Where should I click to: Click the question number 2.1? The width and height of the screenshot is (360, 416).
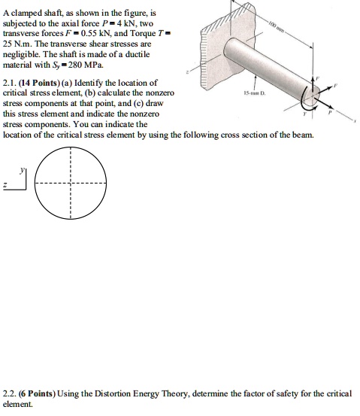pos(11,81)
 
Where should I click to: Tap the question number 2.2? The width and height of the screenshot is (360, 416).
pos(11,393)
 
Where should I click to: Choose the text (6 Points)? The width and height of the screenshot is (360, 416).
pos(47,393)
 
